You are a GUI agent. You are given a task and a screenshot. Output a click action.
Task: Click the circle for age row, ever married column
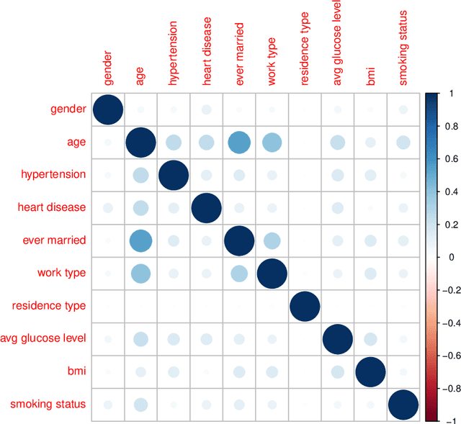pyautogui.click(x=238, y=143)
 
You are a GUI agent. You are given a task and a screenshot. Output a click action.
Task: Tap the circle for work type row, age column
pyautogui.click(x=140, y=274)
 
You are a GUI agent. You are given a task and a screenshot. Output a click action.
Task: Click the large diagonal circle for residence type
pyautogui.click(x=304, y=306)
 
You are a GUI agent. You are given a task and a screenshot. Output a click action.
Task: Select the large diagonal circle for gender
pyautogui.click(x=107, y=109)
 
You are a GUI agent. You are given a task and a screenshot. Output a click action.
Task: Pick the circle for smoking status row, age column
pyautogui.click(x=140, y=404)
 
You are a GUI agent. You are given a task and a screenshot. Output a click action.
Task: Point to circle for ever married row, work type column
pyautogui.click(x=272, y=240)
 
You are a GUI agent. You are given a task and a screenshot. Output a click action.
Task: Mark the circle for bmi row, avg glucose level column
pyautogui.click(x=337, y=371)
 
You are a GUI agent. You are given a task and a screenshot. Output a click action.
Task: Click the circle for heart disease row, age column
pyautogui.click(x=140, y=208)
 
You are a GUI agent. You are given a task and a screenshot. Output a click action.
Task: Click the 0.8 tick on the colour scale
pyautogui.click(x=441, y=125)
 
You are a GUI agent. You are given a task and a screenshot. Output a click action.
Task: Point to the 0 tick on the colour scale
pyautogui.click(x=441, y=256)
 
